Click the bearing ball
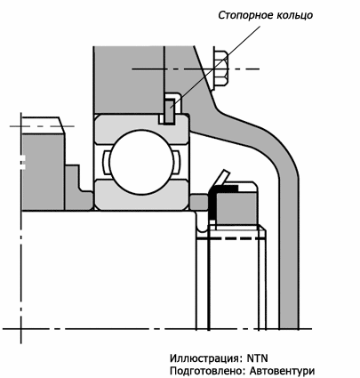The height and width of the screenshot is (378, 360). [141, 162]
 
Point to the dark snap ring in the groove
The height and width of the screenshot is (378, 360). [169, 111]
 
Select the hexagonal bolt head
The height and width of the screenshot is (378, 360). [220, 69]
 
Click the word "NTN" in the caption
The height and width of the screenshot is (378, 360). [257, 358]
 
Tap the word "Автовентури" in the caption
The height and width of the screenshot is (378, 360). [282, 371]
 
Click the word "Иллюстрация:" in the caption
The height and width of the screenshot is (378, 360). [206, 358]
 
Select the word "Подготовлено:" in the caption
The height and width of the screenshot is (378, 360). [208, 371]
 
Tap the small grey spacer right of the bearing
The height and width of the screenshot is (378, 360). [199, 202]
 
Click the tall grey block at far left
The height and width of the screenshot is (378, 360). [44, 172]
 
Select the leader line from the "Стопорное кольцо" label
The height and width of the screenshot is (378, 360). [215, 67]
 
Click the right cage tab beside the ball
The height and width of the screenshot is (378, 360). [176, 162]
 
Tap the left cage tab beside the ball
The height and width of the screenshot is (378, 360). [107, 162]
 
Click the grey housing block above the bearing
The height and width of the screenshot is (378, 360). [128, 80]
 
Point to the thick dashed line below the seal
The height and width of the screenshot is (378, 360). [231, 238]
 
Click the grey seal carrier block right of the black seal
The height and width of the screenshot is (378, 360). [236, 207]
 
